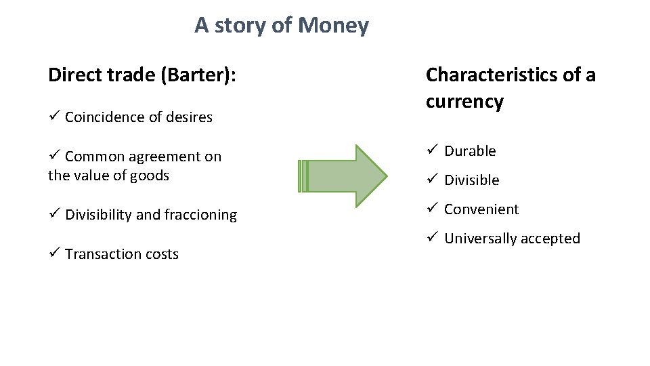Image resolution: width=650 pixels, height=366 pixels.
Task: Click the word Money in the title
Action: (333, 26)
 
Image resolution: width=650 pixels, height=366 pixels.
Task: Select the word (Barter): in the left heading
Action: (198, 75)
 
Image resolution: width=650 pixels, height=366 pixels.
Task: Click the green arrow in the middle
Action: (343, 176)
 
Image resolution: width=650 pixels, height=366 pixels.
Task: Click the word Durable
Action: (470, 151)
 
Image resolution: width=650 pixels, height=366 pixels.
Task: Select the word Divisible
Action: (471, 180)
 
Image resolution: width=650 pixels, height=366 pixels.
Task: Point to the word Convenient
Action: (481, 209)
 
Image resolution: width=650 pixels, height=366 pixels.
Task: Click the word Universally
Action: (480, 239)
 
